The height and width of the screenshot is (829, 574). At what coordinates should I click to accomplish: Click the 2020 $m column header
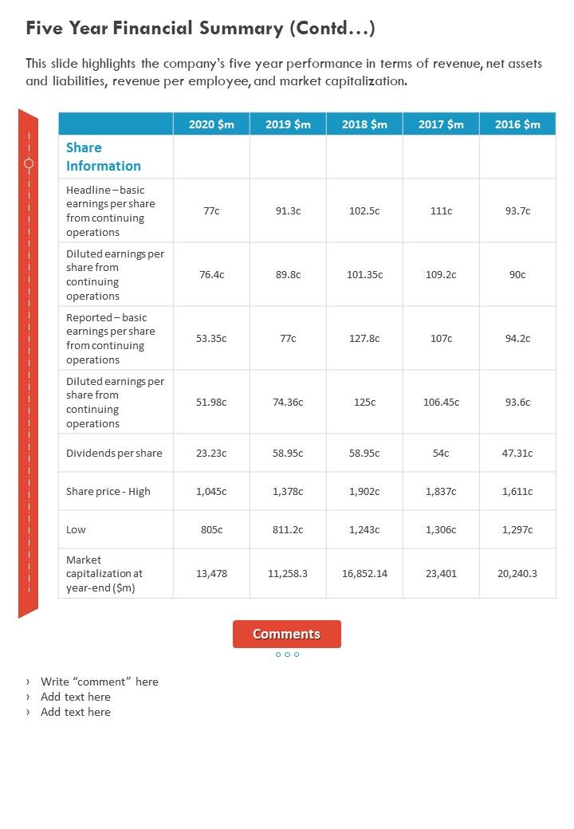(x=211, y=124)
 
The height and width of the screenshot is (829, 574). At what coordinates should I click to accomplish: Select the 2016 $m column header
(x=517, y=124)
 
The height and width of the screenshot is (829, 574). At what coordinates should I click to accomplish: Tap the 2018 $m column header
(x=364, y=124)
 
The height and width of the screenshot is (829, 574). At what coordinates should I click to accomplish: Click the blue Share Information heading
(x=103, y=157)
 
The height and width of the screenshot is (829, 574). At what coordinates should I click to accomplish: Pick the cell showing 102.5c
(x=364, y=211)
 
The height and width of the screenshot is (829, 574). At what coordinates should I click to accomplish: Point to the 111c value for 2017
(x=441, y=211)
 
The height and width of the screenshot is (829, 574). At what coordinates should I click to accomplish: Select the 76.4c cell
(x=211, y=274)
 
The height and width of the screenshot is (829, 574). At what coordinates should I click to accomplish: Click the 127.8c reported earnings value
(x=364, y=338)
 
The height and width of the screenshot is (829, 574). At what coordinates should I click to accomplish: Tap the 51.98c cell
(x=211, y=402)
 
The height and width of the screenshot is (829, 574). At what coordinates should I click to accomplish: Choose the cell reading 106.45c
(x=441, y=402)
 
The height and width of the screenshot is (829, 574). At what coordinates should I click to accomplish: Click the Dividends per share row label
(x=114, y=454)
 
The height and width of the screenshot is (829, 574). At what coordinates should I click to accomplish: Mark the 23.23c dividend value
(x=211, y=454)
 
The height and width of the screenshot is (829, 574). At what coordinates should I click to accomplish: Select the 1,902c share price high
(x=364, y=492)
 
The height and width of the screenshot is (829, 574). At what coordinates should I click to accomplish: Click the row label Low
(x=76, y=530)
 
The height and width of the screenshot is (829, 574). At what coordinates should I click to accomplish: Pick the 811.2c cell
(x=288, y=530)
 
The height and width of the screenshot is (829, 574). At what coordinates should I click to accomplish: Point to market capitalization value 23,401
(x=441, y=573)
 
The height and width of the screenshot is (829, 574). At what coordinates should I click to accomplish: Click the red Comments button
(x=287, y=635)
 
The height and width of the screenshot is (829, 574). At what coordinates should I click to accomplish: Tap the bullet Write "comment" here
(x=100, y=682)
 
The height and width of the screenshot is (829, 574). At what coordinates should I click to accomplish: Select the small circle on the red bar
(x=29, y=163)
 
